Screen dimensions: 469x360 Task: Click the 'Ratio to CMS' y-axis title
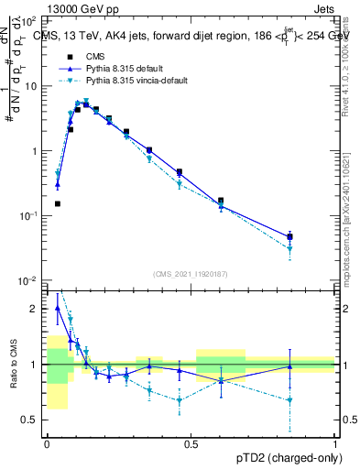click(x=12, y=365)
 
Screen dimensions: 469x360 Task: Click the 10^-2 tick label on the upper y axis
click(x=28, y=280)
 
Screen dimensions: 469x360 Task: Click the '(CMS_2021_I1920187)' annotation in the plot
click(x=191, y=274)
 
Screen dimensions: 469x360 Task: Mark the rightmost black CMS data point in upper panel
click(x=290, y=236)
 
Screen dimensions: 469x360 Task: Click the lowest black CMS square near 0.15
click(x=57, y=203)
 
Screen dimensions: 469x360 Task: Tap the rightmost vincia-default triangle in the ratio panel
click(x=290, y=399)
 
